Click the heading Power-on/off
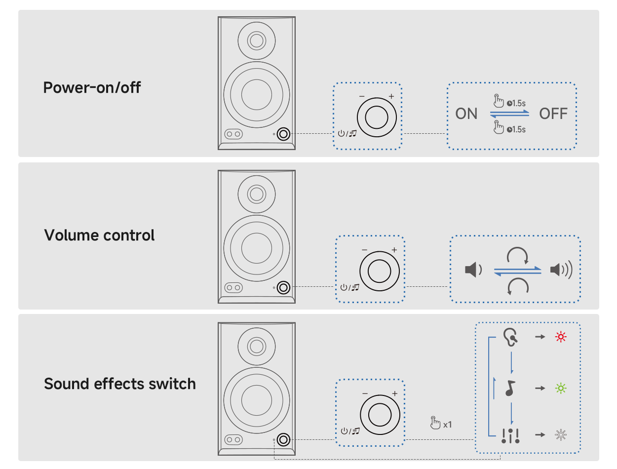pyautogui.click(x=92, y=87)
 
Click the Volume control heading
pyautogui.click(x=99, y=235)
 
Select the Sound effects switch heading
pyautogui.click(x=120, y=384)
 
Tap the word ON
pyautogui.click(x=466, y=114)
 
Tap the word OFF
pyautogui.click(x=553, y=114)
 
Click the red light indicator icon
pyautogui.click(x=561, y=337)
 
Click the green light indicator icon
pyautogui.click(x=561, y=388)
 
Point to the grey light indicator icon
pyautogui.click(x=561, y=435)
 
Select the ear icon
pyautogui.click(x=510, y=337)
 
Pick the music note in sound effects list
pyautogui.click(x=510, y=388)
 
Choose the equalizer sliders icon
pyautogui.click(x=510, y=435)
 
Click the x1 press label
pyautogui.click(x=447, y=424)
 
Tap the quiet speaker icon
pyautogui.click(x=472, y=270)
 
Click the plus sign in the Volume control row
pyautogui.click(x=394, y=250)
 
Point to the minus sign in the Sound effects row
pyautogui.click(x=365, y=393)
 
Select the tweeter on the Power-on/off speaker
pyautogui.click(x=257, y=40)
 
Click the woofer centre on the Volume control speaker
pyautogui.click(x=257, y=246)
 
